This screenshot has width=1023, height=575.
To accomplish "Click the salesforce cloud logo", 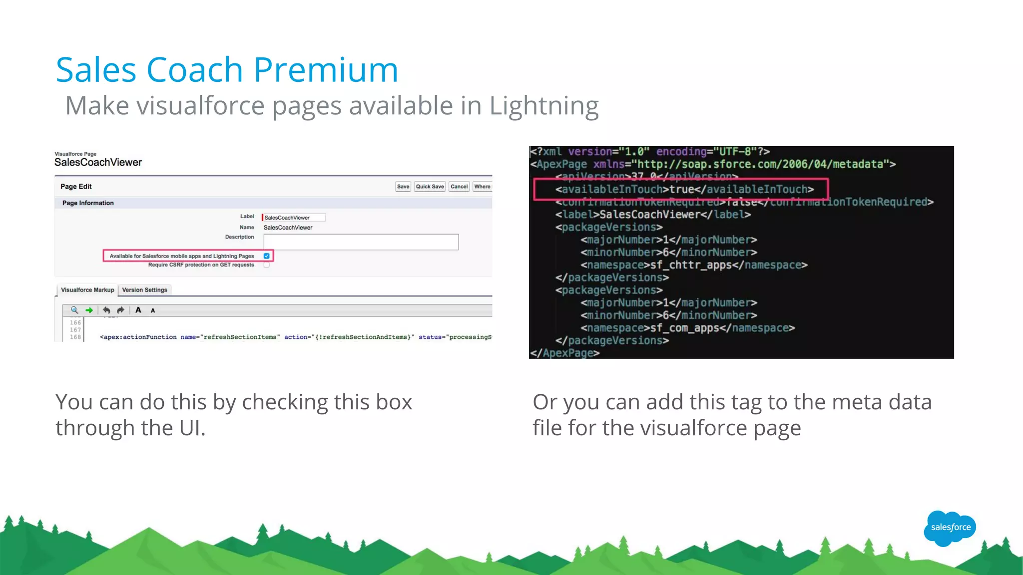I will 950,528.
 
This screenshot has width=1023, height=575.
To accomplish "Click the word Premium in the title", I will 326,70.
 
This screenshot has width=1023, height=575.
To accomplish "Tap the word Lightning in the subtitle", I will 543,106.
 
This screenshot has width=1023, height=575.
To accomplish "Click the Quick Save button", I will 430,187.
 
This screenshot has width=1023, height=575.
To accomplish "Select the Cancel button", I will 459,187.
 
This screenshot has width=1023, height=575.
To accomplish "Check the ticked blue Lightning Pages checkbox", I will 267,256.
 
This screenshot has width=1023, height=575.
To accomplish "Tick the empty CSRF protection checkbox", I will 267,265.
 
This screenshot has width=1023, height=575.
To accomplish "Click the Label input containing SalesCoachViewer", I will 294,218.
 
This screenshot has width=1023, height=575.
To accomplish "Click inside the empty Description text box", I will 361,242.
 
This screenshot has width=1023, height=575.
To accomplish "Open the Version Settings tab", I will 145,290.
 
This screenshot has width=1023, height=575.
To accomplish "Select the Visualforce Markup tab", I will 87,290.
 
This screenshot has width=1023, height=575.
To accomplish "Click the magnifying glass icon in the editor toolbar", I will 74,310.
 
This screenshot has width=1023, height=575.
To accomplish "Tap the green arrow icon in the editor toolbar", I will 89,310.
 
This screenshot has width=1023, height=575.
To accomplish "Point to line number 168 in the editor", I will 75,337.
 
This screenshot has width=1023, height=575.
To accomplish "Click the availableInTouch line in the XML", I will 684,190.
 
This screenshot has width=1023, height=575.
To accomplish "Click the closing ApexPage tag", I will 564,353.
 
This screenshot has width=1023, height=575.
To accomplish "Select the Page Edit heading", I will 76,187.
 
